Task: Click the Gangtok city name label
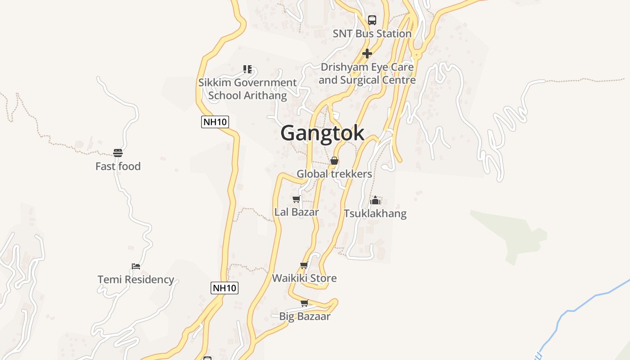click(x=322, y=133)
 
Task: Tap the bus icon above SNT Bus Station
click(x=372, y=20)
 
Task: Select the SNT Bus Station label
click(x=372, y=34)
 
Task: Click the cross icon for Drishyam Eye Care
click(x=367, y=54)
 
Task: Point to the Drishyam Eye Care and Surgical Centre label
click(x=367, y=74)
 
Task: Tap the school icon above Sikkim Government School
click(x=247, y=69)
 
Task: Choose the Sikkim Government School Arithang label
click(x=247, y=89)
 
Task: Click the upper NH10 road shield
click(x=215, y=121)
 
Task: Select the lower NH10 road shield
click(x=225, y=288)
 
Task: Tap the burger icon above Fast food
click(x=118, y=153)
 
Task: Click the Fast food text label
click(x=118, y=166)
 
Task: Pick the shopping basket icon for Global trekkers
click(x=334, y=161)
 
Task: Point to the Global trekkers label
click(x=334, y=174)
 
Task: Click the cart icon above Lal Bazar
click(x=296, y=199)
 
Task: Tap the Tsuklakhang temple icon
click(x=375, y=200)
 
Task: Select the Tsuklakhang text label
click(x=375, y=213)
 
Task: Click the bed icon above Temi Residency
click(x=136, y=266)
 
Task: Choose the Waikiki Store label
click(x=304, y=278)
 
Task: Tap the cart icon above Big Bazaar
click(x=305, y=303)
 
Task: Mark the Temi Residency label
click(x=136, y=279)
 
